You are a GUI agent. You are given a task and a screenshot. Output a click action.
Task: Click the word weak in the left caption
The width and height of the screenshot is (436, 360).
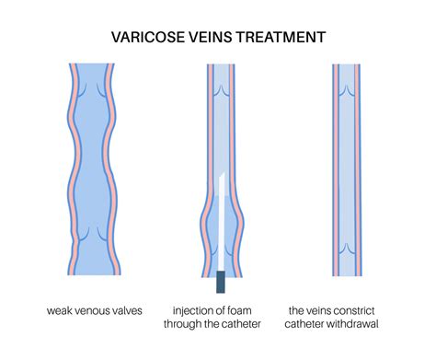coord(63,311)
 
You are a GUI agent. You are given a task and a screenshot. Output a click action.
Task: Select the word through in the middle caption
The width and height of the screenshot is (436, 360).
coord(189,326)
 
